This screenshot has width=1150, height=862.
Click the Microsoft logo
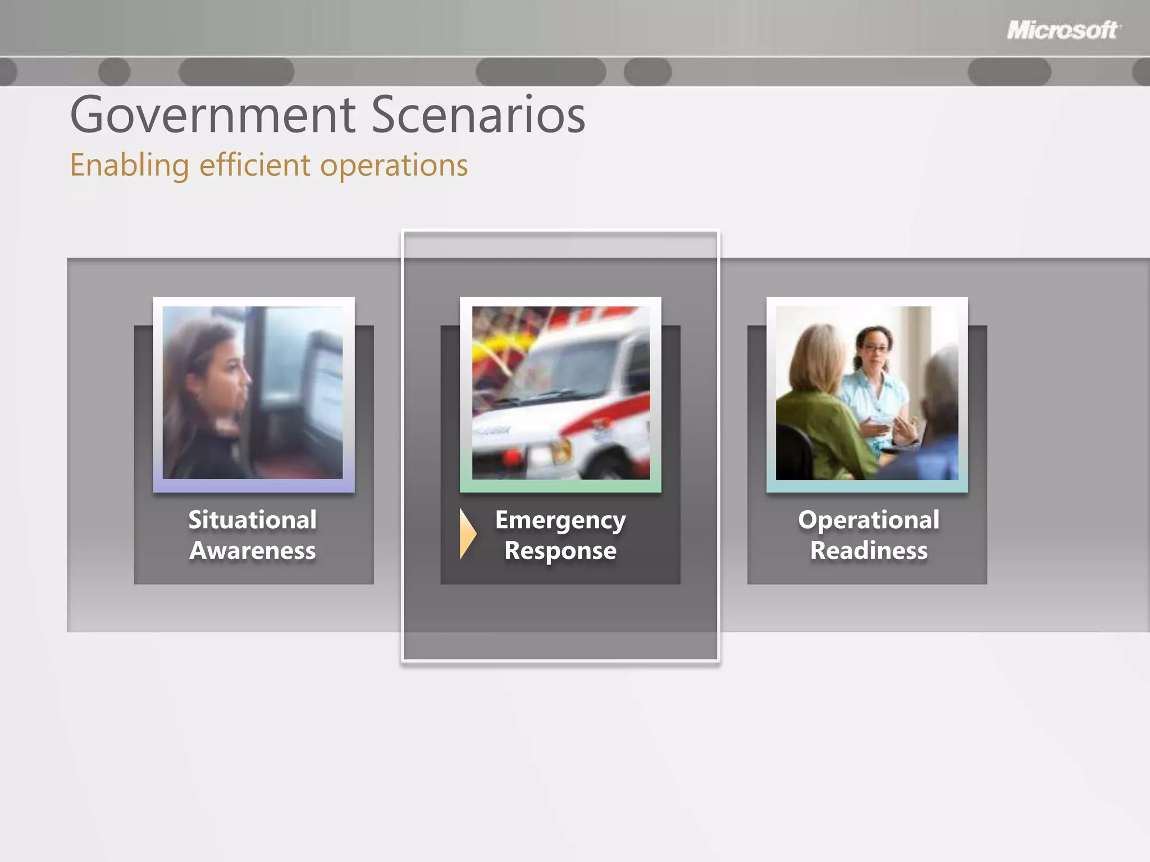click(1063, 30)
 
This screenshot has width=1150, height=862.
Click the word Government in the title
click(213, 115)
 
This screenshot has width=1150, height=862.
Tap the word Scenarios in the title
click(478, 115)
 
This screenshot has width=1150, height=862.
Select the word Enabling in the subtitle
click(130, 166)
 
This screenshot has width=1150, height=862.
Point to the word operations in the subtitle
click(394, 166)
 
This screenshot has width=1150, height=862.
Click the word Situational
click(253, 520)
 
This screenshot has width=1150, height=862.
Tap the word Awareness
click(253, 551)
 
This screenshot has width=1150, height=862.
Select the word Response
click(560, 551)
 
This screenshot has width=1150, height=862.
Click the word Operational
click(869, 520)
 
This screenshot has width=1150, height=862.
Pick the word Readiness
click(869, 551)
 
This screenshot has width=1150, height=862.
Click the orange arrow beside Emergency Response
click(467, 534)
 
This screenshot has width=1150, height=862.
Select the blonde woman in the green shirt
click(820, 404)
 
